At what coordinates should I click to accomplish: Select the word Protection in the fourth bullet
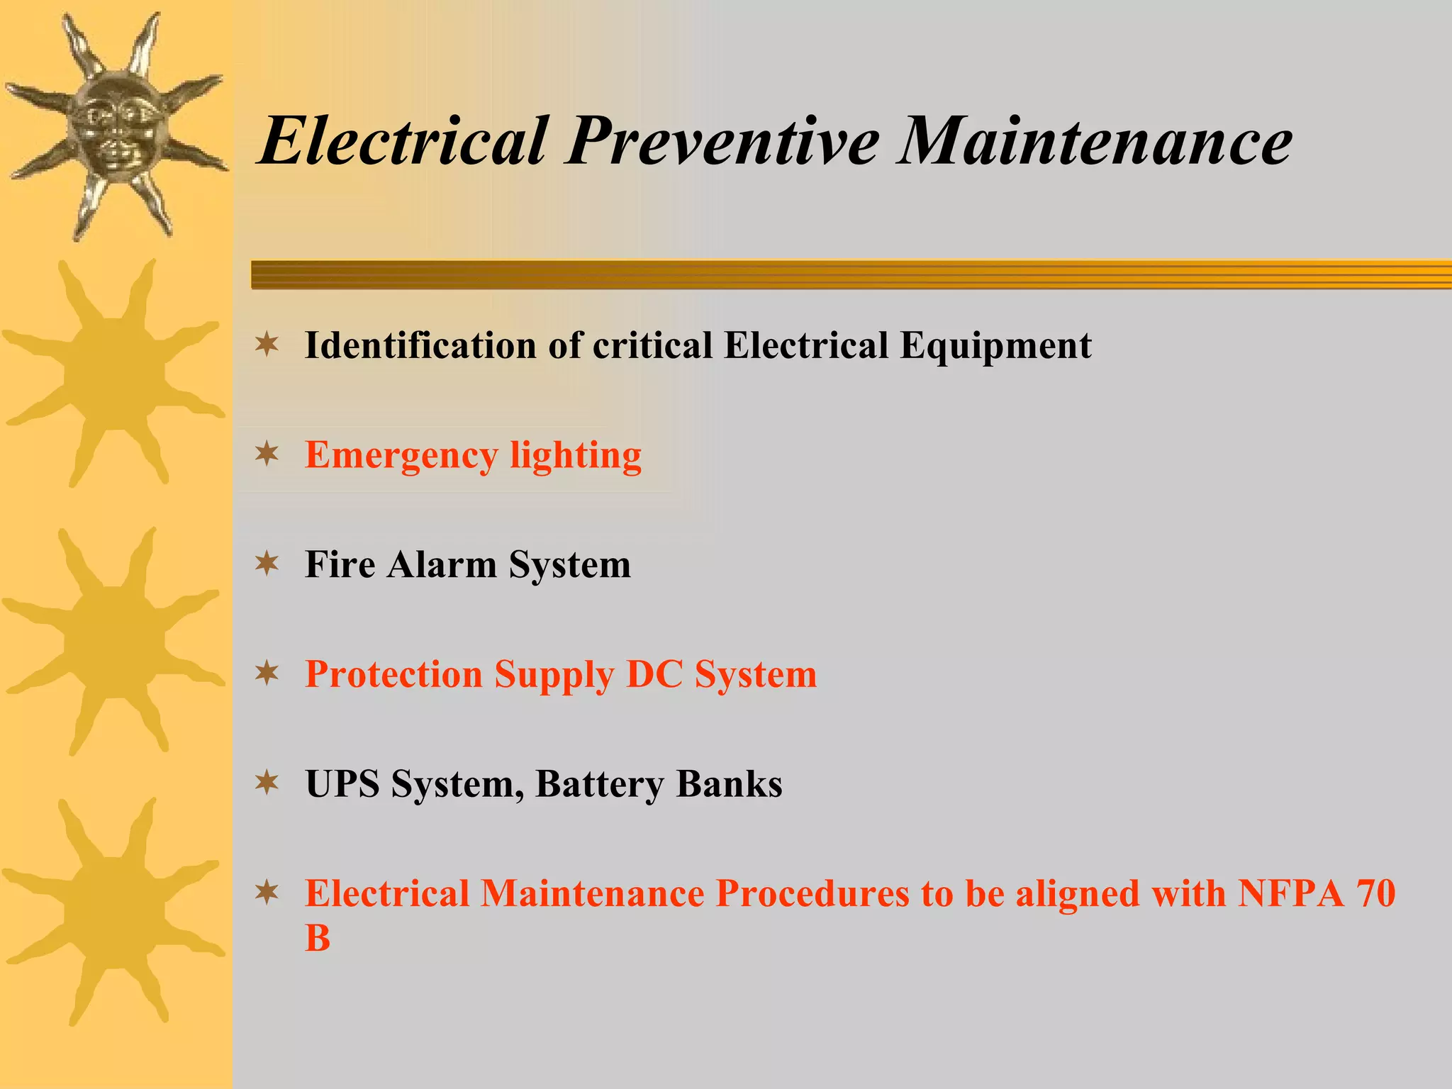pyautogui.click(x=394, y=674)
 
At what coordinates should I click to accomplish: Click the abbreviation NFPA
pyautogui.click(x=1290, y=893)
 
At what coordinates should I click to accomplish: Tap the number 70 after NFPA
pyautogui.click(x=1376, y=893)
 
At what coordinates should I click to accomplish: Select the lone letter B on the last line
pyautogui.click(x=318, y=939)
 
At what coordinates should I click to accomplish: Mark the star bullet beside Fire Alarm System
pyautogui.click(x=267, y=564)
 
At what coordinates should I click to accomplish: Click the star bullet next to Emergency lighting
pyautogui.click(x=267, y=454)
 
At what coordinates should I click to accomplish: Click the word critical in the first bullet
pyautogui.click(x=652, y=346)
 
